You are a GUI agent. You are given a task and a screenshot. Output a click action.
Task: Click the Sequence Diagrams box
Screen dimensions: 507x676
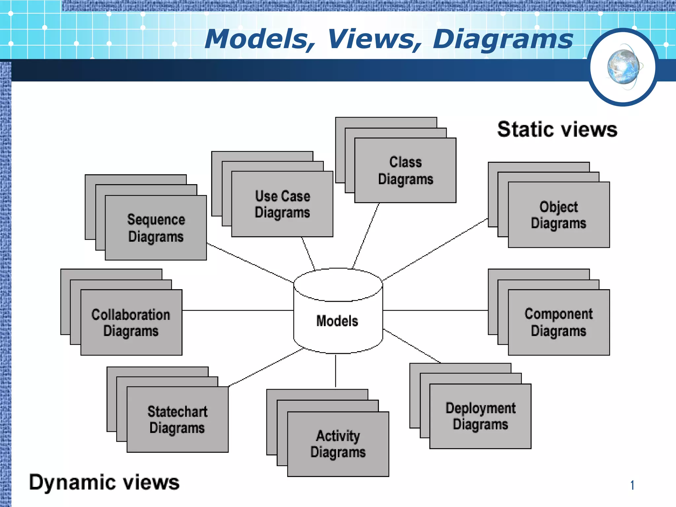(x=156, y=228)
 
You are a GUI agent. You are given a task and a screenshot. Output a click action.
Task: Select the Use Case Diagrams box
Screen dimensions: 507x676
(x=282, y=204)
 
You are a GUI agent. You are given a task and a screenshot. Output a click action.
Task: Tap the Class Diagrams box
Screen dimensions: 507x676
(x=405, y=170)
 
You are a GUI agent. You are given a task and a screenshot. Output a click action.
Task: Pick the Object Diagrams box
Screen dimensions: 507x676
(x=558, y=215)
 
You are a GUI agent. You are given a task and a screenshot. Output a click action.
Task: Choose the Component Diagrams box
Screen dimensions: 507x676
(x=558, y=322)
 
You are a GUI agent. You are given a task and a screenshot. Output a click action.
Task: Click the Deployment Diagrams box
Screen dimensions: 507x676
(x=480, y=416)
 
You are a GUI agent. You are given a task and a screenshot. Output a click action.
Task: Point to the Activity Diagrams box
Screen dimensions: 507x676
(x=338, y=444)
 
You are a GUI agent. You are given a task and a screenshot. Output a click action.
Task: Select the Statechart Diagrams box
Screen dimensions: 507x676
(x=178, y=420)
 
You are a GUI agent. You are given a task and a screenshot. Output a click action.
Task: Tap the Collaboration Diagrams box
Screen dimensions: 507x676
(x=131, y=322)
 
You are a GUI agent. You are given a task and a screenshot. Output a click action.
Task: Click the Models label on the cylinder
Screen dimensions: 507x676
(x=337, y=321)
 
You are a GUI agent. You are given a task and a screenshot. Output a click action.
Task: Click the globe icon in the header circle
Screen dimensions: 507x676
(x=623, y=67)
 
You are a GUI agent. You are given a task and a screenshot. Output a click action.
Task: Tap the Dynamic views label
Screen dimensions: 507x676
(x=104, y=482)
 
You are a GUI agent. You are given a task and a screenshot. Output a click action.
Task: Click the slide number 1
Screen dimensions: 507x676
(x=632, y=485)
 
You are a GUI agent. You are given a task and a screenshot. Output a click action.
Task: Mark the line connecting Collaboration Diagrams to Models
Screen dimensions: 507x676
(x=238, y=310)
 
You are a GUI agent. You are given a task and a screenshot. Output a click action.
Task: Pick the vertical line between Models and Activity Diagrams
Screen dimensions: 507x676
(x=336, y=370)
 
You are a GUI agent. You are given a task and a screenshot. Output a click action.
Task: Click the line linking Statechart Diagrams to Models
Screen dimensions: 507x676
(x=266, y=367)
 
